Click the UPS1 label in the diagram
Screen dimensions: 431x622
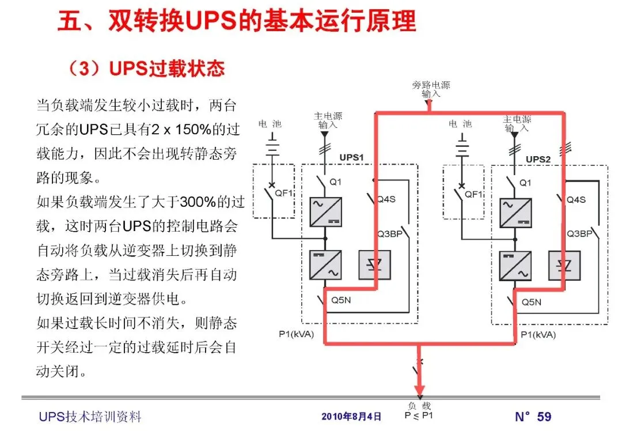pyautogui.click(x=351, y=157)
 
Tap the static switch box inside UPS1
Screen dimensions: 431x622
pyautogui.click(x=375, y=265)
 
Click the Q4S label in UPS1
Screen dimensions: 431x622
pyautogui.click(x=386, y=200)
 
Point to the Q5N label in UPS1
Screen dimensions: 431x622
pyautogui.click(x=342, y=301)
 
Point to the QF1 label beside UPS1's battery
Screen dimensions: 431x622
pyautogui.click(x=284, y=194)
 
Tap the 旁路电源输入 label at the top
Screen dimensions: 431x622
pyautogui.click(x=431, y=89)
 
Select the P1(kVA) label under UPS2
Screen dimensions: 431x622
pyautogui.click(x=537, y=334)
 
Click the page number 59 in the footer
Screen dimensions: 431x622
pyautogui.click(x=544, y=417)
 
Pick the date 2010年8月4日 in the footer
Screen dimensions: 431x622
pyautogui.click(x=351, y=417)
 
